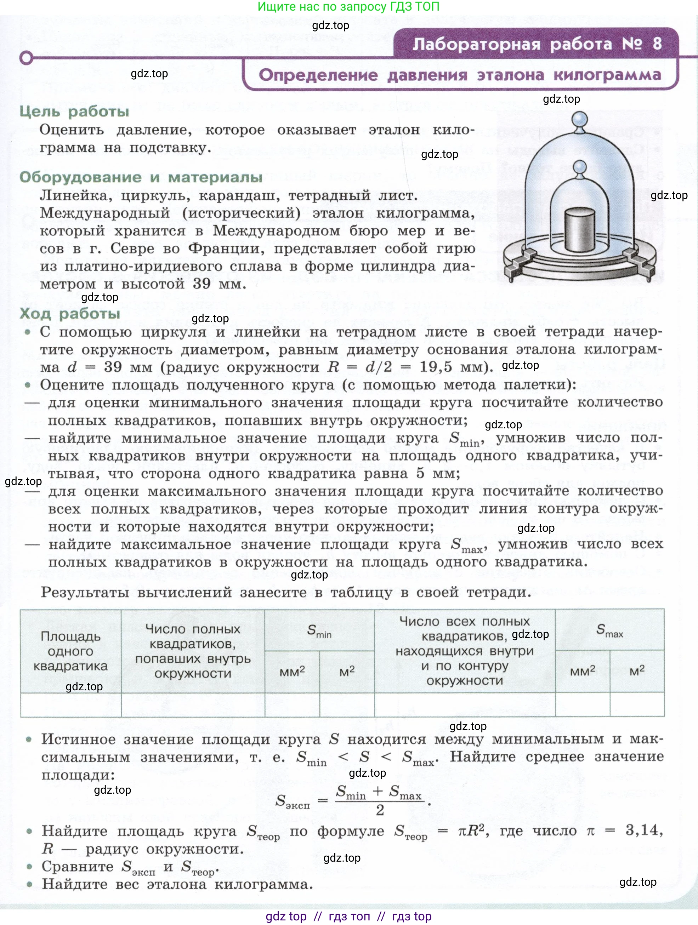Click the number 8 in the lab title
coord(657,44)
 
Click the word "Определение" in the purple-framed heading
coord(318,75)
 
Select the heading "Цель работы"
coord(74,112)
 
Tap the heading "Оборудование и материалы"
coord(141,177)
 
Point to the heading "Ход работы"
coord(70,314)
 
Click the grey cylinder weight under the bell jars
coord(579,230)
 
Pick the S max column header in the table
coord(609,630)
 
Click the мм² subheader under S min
coord(292,672)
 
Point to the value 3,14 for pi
coord(643,830)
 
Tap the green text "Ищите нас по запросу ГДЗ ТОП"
coord(348,7)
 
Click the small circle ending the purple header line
coord(26,58)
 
